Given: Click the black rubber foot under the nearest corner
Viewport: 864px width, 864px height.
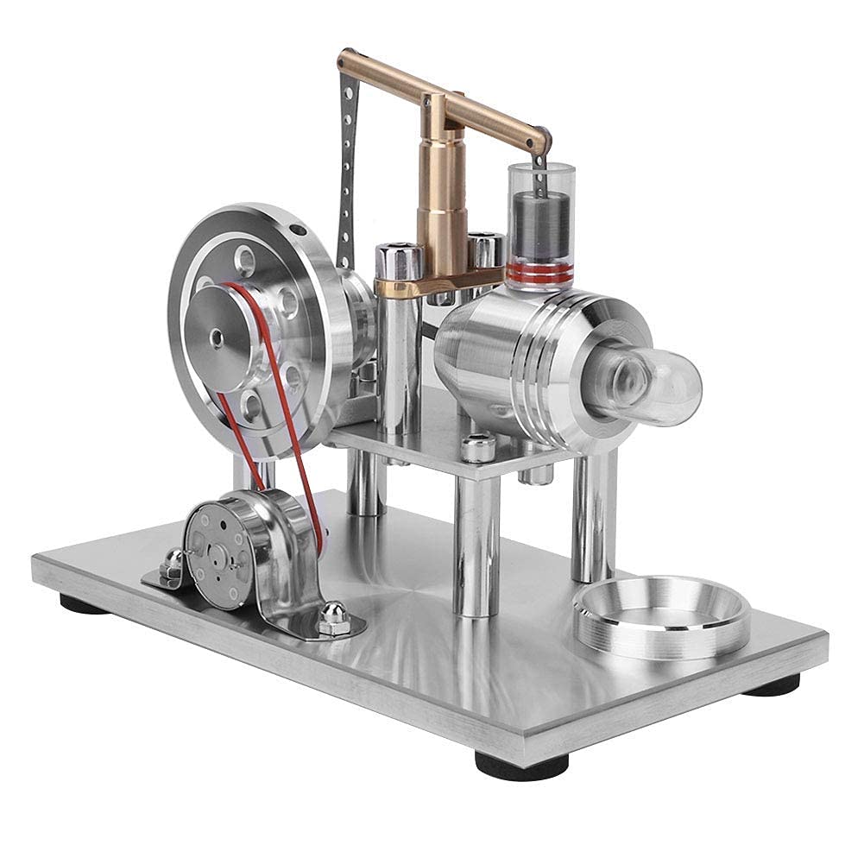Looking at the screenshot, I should pyautogui.click(x=521, y=765).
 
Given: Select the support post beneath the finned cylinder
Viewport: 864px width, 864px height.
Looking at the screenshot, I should pyautogui.click(x=594, y=518).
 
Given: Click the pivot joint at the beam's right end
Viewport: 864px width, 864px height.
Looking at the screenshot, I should pyautogui.click(x=539, y=139).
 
